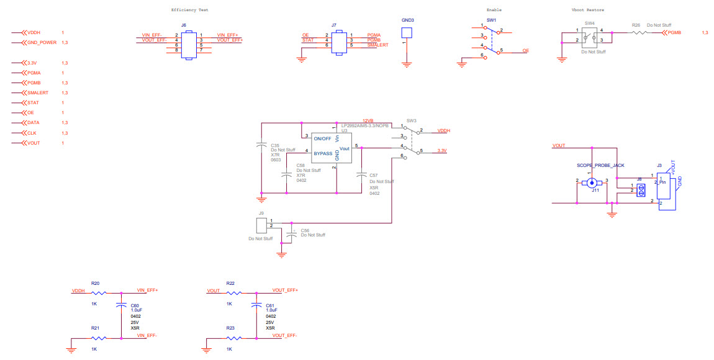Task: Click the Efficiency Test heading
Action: [x=189, y=10]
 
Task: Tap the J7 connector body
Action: [x=338, y=42]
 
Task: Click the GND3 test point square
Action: [x=407, y=34]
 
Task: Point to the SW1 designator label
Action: [x=491, y=20]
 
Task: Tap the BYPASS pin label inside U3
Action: [x=323, y=152]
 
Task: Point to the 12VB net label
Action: [x=368, y=120]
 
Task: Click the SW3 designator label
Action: [x=412, y=120]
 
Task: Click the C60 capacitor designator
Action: [x=135, y=305]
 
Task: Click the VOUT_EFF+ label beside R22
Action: [x=285, y=290]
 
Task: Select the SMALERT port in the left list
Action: [x=38, y=92]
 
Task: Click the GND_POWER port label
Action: [x=42, y=42]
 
